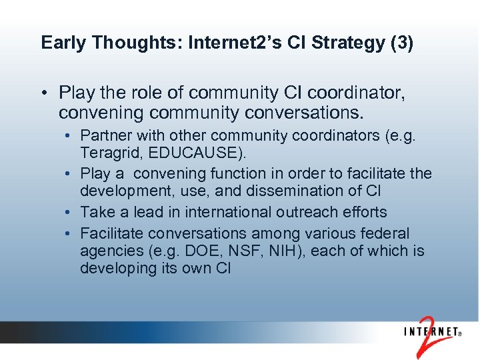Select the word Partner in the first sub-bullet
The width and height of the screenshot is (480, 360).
point(105,137)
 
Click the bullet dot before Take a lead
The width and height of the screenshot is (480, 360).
point(71,213)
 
